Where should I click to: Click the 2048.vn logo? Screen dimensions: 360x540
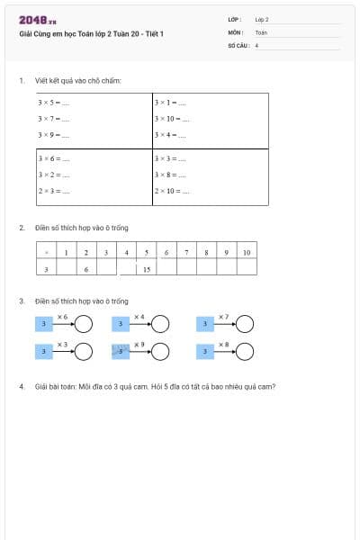(37, 20)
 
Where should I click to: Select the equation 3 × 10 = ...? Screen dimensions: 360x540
(172, 119)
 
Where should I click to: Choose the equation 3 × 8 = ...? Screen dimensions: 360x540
(170, 175)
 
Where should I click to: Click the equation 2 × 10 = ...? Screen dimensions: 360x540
(172, 191)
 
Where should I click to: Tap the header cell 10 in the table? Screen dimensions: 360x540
(246, 252)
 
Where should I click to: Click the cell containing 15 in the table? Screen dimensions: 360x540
(146, 268)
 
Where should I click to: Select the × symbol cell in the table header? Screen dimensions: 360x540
(46, 252)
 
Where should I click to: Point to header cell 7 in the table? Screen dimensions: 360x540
(186, 252)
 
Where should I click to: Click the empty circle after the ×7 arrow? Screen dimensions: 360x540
(245, 324)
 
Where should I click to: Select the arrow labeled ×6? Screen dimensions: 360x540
(63, 323)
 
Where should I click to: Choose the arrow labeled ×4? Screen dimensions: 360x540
(139, 323)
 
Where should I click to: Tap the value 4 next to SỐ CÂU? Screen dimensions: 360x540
(257, 44)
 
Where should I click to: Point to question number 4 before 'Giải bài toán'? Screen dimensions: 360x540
(22, 387)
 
